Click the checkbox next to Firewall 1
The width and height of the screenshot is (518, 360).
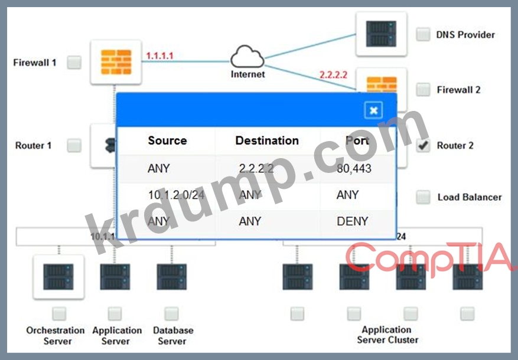pyautogui.click(x=74, y=62)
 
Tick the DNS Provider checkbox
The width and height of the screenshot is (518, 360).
pyautogui.click(x=423, y=34)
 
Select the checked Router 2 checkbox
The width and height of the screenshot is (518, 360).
pyautogui.click(x=423, y=146)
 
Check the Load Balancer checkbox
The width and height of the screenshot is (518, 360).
pyautogui.click(x=423, y=197)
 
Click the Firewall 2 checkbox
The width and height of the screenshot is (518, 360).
pyautogui.click(x=423, y=90)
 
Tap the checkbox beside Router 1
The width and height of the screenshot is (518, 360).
pyautogui.click(x=74, y=145)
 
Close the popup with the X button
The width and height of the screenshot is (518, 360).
pyautogui.click(x=373, y=110)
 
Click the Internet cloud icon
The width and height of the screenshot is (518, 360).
pyautogui.click(x=247, y=58)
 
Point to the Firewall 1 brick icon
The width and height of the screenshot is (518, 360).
pyautogui.click(x=116, y=62)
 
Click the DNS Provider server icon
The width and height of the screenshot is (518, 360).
pyautogui.click(x=381, y=34)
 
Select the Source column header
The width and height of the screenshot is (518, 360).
pyautogui.click(x=167, y=140)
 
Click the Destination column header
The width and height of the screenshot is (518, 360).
pyautogui.click(x=267, y=140)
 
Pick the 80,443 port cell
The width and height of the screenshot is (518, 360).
pyautogui.click(x=354, y=168)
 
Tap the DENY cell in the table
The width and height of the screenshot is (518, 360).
pyautogui.click(x=353, y=221)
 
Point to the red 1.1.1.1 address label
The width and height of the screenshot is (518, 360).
pyautogui.click(x=160, y=55)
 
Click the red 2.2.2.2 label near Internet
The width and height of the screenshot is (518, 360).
pyautogui.click(x=333, y=75)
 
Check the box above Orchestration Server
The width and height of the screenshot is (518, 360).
pyautogui.click(x=58, y=313)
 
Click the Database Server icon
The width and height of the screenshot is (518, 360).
pyautogui.click(x=172, y=277)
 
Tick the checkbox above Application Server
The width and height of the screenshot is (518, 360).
pyautogui.click(x=115, y=313)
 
